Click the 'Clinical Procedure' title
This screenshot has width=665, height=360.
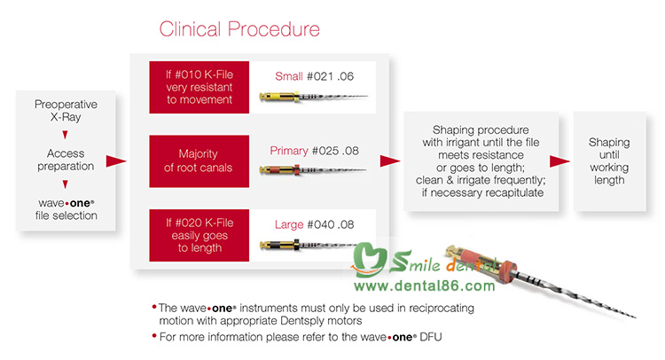pyautogui.click(x=239, y=29)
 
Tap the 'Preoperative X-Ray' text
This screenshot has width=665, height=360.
pyautogui.click(x=66, y=110)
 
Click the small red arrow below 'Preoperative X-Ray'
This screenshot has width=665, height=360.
pyautogui.click(x=65, y=135)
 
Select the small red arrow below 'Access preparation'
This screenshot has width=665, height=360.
pyautogui.click(x=65, y=184)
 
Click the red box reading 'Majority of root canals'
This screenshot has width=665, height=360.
pyautogui.click(x=199, y=161)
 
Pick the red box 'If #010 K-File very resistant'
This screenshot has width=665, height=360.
pyautogui.click(x=199, y=87)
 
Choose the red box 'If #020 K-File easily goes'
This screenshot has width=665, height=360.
pyautogui.click(x=199, y=235)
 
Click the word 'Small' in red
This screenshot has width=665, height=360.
pyautogui.click(x=289, y=76)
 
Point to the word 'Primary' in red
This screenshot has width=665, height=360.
pyautogui.click(x=289, y=151)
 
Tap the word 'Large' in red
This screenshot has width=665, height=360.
pyautogui.click(x=289, y=224)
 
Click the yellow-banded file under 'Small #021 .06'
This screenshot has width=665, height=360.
pyautogui.click(x=313, y=97)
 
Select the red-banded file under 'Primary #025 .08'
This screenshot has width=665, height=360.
pyautogui.click(x=313, y=170)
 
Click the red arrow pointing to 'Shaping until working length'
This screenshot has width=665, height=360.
pyautogui.click(x=559, y=161)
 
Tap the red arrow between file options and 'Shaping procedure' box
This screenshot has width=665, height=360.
pyautogui.click(x=390, y=160)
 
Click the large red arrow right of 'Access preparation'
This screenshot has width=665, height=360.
pyautogui.click(x=116, y=161)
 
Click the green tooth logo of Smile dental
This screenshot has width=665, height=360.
pyautogui.click(x=369, y=258)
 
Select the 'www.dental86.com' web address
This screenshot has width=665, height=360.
pyautogui.click(x=425, y=286)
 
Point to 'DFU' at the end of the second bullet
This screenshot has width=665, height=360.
pyautogui.click(x=430, y=337)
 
